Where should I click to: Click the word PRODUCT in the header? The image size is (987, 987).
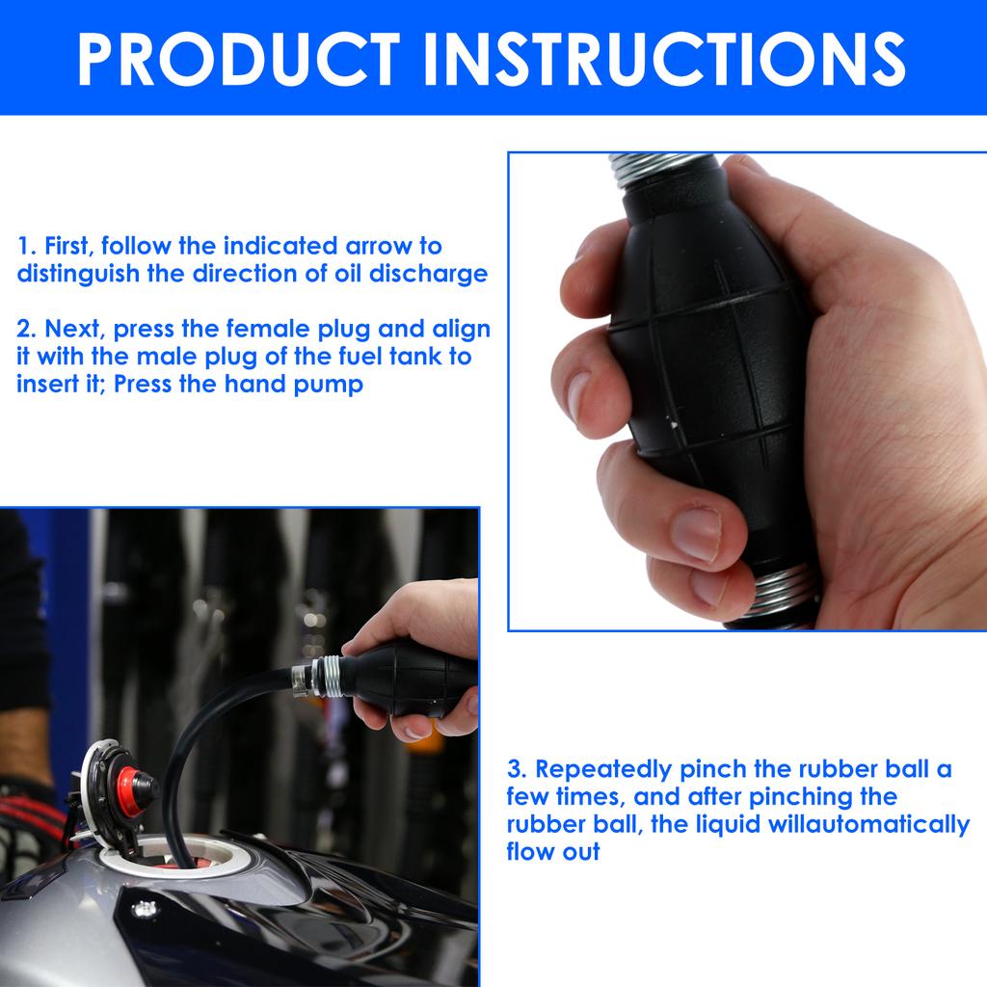(239, 58)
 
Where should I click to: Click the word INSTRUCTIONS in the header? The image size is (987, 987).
(666, 58)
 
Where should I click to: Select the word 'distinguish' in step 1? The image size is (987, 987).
(78, 274)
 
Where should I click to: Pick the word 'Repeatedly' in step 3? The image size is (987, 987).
(603, 770)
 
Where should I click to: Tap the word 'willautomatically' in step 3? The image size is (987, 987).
(868, 825)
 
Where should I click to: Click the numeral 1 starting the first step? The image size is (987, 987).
(24, 246)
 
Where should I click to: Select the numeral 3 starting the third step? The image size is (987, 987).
(516, 769)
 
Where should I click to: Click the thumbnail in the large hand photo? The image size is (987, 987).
(696, 534)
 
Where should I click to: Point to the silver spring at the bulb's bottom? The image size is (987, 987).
(783, 592)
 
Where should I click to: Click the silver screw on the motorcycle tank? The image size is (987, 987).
(145, 908)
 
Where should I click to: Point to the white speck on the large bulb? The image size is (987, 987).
(674, 425)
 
